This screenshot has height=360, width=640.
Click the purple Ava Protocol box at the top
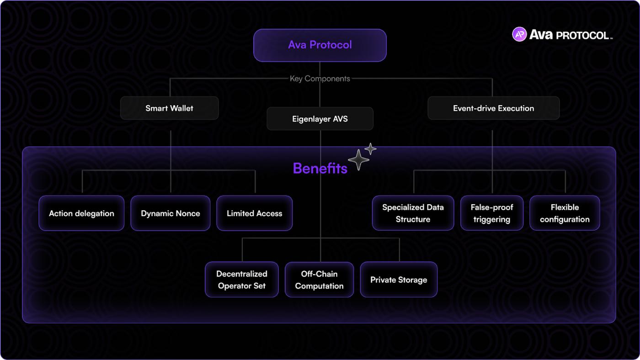pos(320,45)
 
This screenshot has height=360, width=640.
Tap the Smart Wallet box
pos(169,108)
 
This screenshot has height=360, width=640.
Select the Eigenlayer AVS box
pos(320,119)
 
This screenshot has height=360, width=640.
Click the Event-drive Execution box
pos(493,108)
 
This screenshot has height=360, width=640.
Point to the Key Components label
pos(320,79)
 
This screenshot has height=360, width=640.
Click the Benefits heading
pos(320,168)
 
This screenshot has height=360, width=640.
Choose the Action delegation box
pos(81,213)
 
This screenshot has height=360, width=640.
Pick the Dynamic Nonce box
pos(171,213)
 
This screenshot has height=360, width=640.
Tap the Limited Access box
pos(254,213)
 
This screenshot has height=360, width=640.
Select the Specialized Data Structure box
pos(413,213)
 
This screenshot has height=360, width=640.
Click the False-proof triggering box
pos(491,213)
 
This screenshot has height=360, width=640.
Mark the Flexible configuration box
pos(565,213)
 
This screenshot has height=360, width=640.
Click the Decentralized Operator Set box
pos(242,280)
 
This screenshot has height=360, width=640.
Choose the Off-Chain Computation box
pos(319,280)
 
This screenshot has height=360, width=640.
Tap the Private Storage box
pos(399,280)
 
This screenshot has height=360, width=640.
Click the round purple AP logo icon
pos(519,34)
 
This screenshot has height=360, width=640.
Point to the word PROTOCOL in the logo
pos(583,35)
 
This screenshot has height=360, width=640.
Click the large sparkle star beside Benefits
pos(358,159)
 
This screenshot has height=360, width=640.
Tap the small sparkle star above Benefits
pos(371,148)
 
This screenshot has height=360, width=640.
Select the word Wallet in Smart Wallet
pos(181,108)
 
